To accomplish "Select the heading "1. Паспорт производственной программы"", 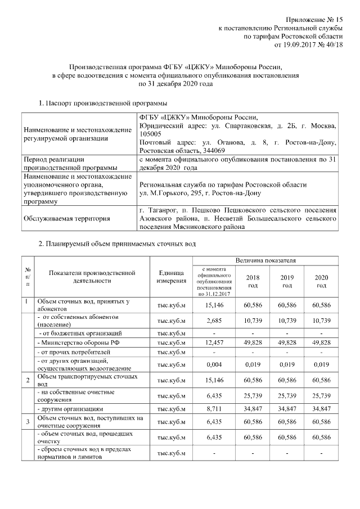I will pos(102,103).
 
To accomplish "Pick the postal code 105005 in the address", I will pos(150,134).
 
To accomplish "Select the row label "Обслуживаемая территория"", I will pos(67,219).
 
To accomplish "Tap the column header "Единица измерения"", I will pos(171,277).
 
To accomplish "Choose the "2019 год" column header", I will pos(287,281).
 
